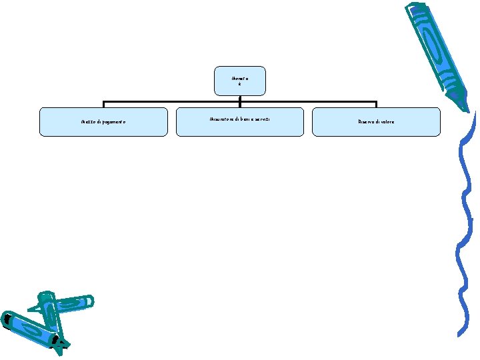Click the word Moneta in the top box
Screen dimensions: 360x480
[239, 78]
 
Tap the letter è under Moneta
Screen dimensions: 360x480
[239, 84]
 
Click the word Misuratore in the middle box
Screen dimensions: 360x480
[219, 119]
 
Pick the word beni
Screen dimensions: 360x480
[248, 119]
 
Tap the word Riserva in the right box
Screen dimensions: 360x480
[367, 123]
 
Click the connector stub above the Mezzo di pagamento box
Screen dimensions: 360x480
[103, 105]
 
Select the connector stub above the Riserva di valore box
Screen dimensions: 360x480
[376, 105]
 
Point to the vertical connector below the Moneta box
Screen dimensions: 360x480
[239, 98]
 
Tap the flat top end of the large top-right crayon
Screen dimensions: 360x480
[417, 8]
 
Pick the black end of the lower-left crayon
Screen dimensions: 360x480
[7, 321]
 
